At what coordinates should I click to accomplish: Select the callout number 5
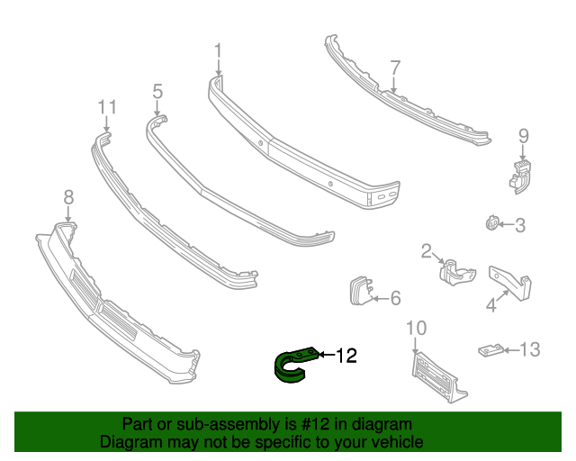coord(157,91)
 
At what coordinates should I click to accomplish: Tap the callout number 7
coord(394,68)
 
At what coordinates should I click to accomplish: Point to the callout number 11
coord(107,108)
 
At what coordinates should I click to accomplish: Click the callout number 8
coord(68,197)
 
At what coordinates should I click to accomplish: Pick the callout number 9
coord(523,136)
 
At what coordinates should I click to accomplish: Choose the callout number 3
coord(519,225)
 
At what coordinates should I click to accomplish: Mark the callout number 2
coord(427,251)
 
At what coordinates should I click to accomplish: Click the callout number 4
coord(491,306)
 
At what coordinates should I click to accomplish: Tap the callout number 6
coord(396,297)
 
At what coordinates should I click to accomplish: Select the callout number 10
coord(416,327)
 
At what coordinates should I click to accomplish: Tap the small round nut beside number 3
coord(491,223)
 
